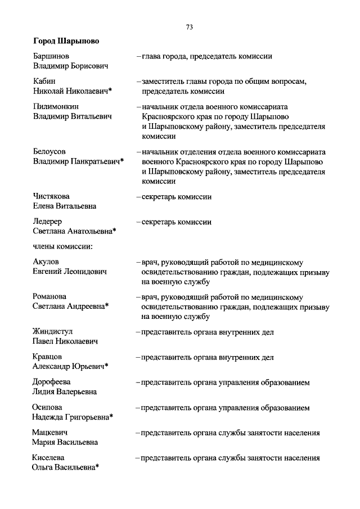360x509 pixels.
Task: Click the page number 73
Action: pyautogui.click(x=189, y=27)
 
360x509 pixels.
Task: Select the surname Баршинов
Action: pyautogui.click(x=52, y=56)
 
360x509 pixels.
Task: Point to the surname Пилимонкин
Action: pyautogui.click(x=56, y=106)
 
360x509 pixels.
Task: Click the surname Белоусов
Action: pyautogui.click(x=49, y=152)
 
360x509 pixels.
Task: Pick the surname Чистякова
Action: pyautogui.click(x=52, y=197)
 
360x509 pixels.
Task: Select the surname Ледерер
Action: pyautogui.click(x=47, y=222)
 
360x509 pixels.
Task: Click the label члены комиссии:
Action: pyautogui.click(x=62, y=246)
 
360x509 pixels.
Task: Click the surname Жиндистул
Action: pyautogui.click(x=53, y=332)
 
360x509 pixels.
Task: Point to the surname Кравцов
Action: pyautogui.click(x=48, y=357)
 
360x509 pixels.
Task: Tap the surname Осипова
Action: pyautogui.click(x=48, y=407)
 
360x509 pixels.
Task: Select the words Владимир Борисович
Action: pyautogui.click(x=70, y=66)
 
